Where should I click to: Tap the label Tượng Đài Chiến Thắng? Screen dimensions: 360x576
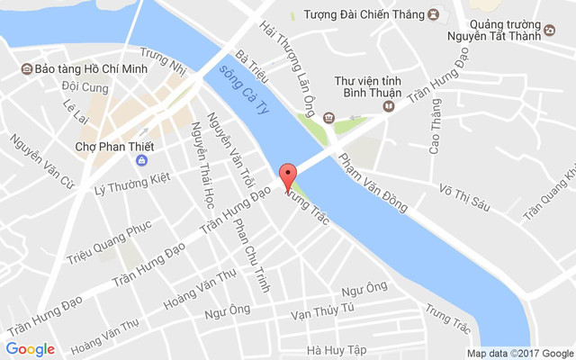pyautogui.click(x=356, y=14)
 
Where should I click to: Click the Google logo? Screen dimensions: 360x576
pyautogui.click(x=30, y=348)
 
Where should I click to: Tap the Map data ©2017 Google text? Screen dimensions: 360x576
pyautogui.click(x=520, y=353)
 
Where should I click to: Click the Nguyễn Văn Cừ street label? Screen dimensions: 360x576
pyautogui.click(x=40, y=162)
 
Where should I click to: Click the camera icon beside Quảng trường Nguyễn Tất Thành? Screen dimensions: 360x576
pyautogui.click(x=549, y=31)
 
